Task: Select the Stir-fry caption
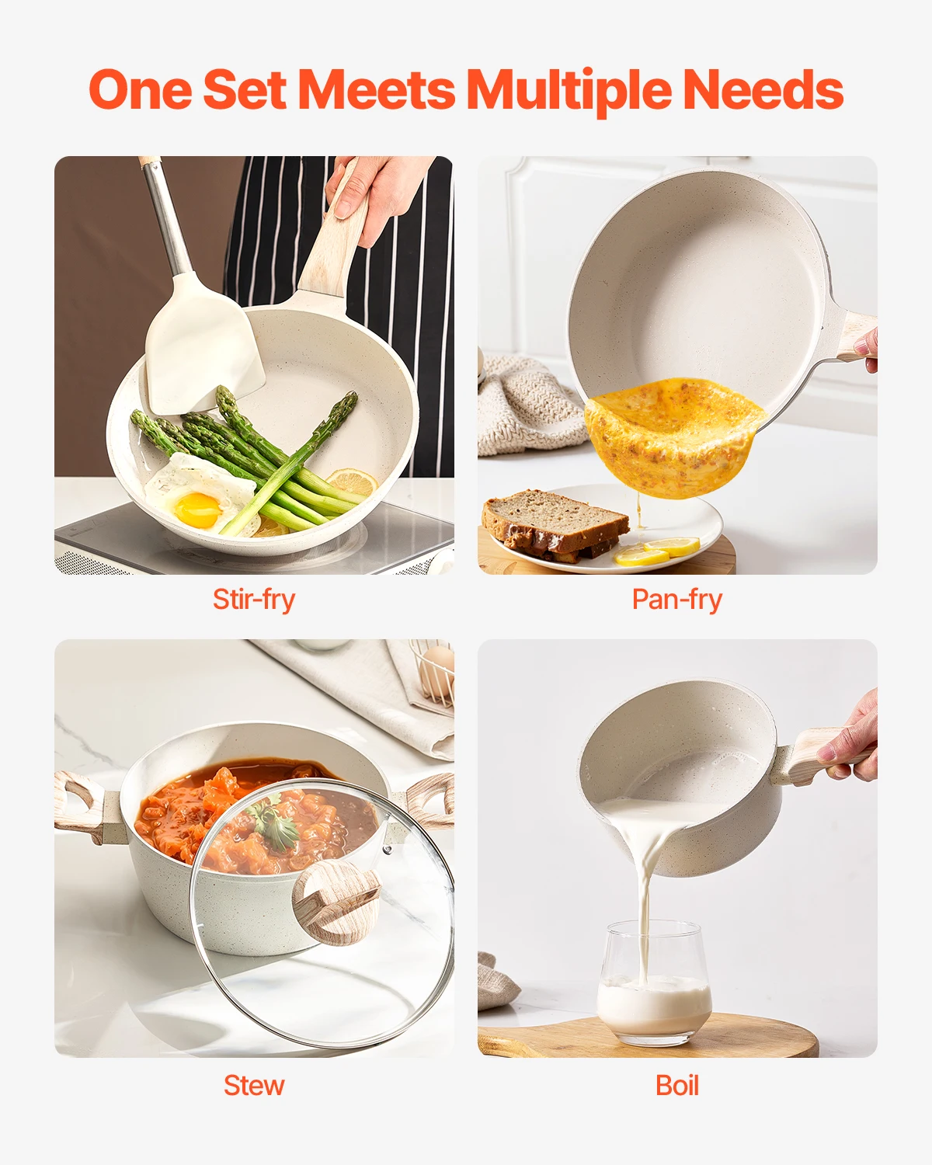coord(254,600)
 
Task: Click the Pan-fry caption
coord(676,600)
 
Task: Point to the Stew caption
coord(254,1085)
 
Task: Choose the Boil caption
coord(676,1085)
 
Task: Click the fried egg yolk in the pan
coord(196,509)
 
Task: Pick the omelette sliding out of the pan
coord(672,435)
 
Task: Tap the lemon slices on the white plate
coord(656,552)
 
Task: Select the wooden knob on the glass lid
coord(336,901)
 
